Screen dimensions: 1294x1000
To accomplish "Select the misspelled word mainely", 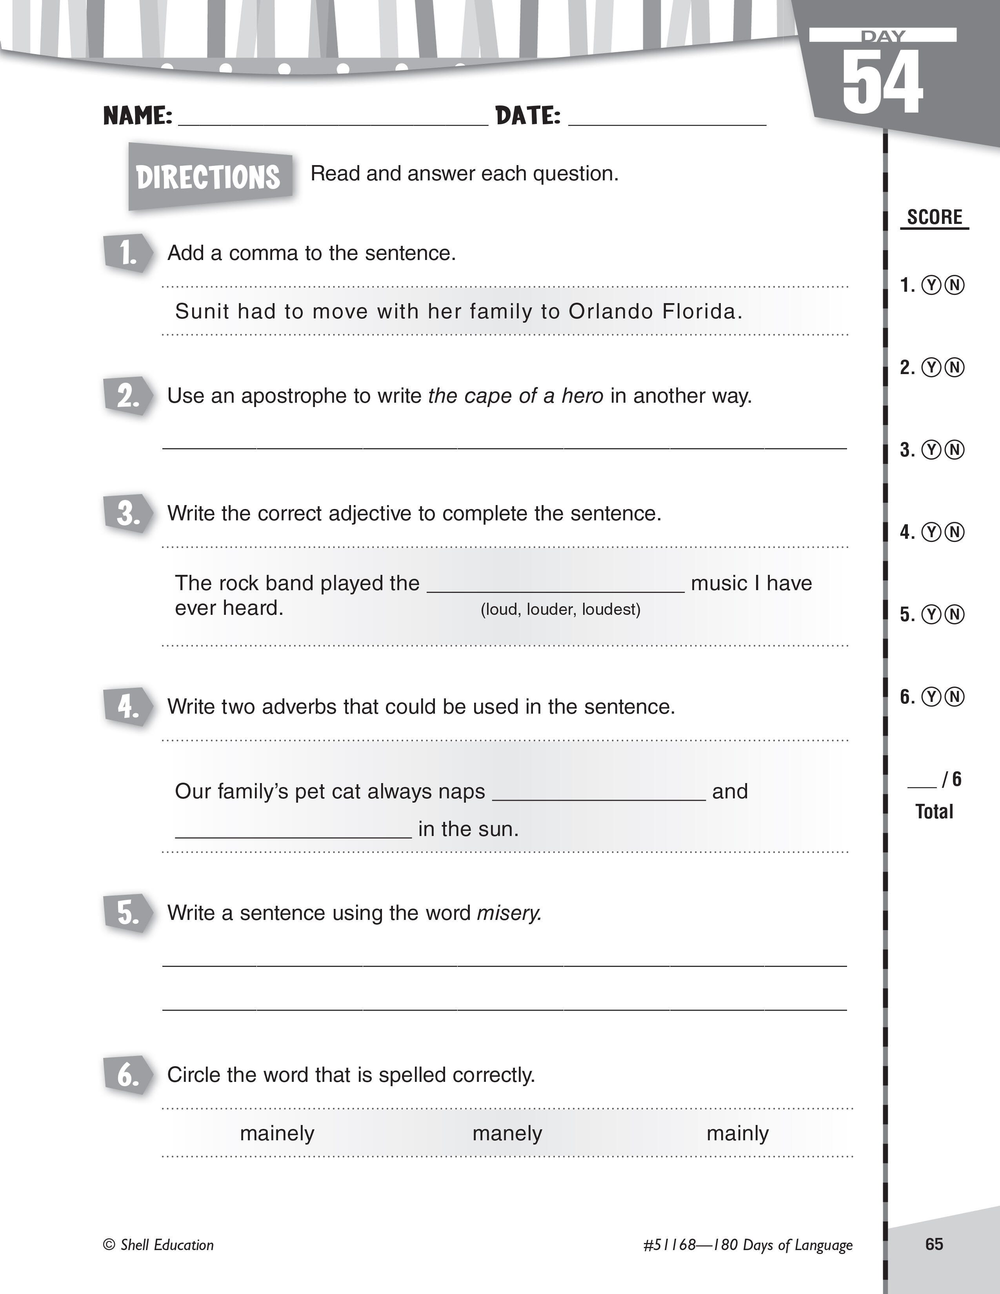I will click(x=276, y=1134).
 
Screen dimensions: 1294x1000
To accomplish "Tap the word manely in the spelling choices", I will click(x=507, y=1134).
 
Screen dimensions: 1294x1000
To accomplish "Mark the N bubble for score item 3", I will click(x=954, y=450).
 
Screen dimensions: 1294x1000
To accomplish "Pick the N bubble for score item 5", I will click(x=954, y=615).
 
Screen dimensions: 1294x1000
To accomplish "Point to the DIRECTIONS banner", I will click(x=209, y=176).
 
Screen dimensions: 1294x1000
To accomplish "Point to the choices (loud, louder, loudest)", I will click(x=560, y=610).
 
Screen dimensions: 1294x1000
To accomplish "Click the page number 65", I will click(x=934, y=1244).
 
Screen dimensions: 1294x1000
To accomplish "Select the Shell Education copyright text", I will click(x=158, y=1245).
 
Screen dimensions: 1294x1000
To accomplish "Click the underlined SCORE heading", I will click(x=934, y=218).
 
